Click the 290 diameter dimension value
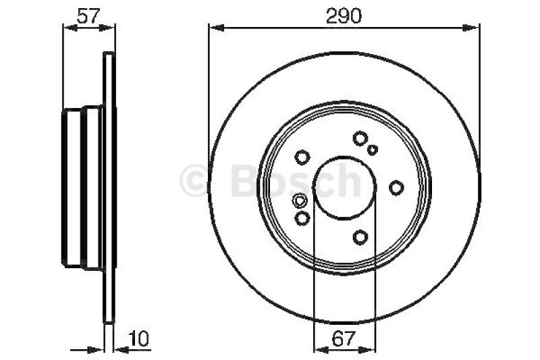[344, 16]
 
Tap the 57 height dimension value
[88, 16]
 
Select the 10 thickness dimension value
[138, 338]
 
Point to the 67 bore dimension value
[344, 338]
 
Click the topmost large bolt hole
[360, 138]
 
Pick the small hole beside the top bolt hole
[373, 150]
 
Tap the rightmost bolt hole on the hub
[396, 188]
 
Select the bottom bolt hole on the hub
[360, 237]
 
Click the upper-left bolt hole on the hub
[302, 157]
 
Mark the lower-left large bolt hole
[302, 218]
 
